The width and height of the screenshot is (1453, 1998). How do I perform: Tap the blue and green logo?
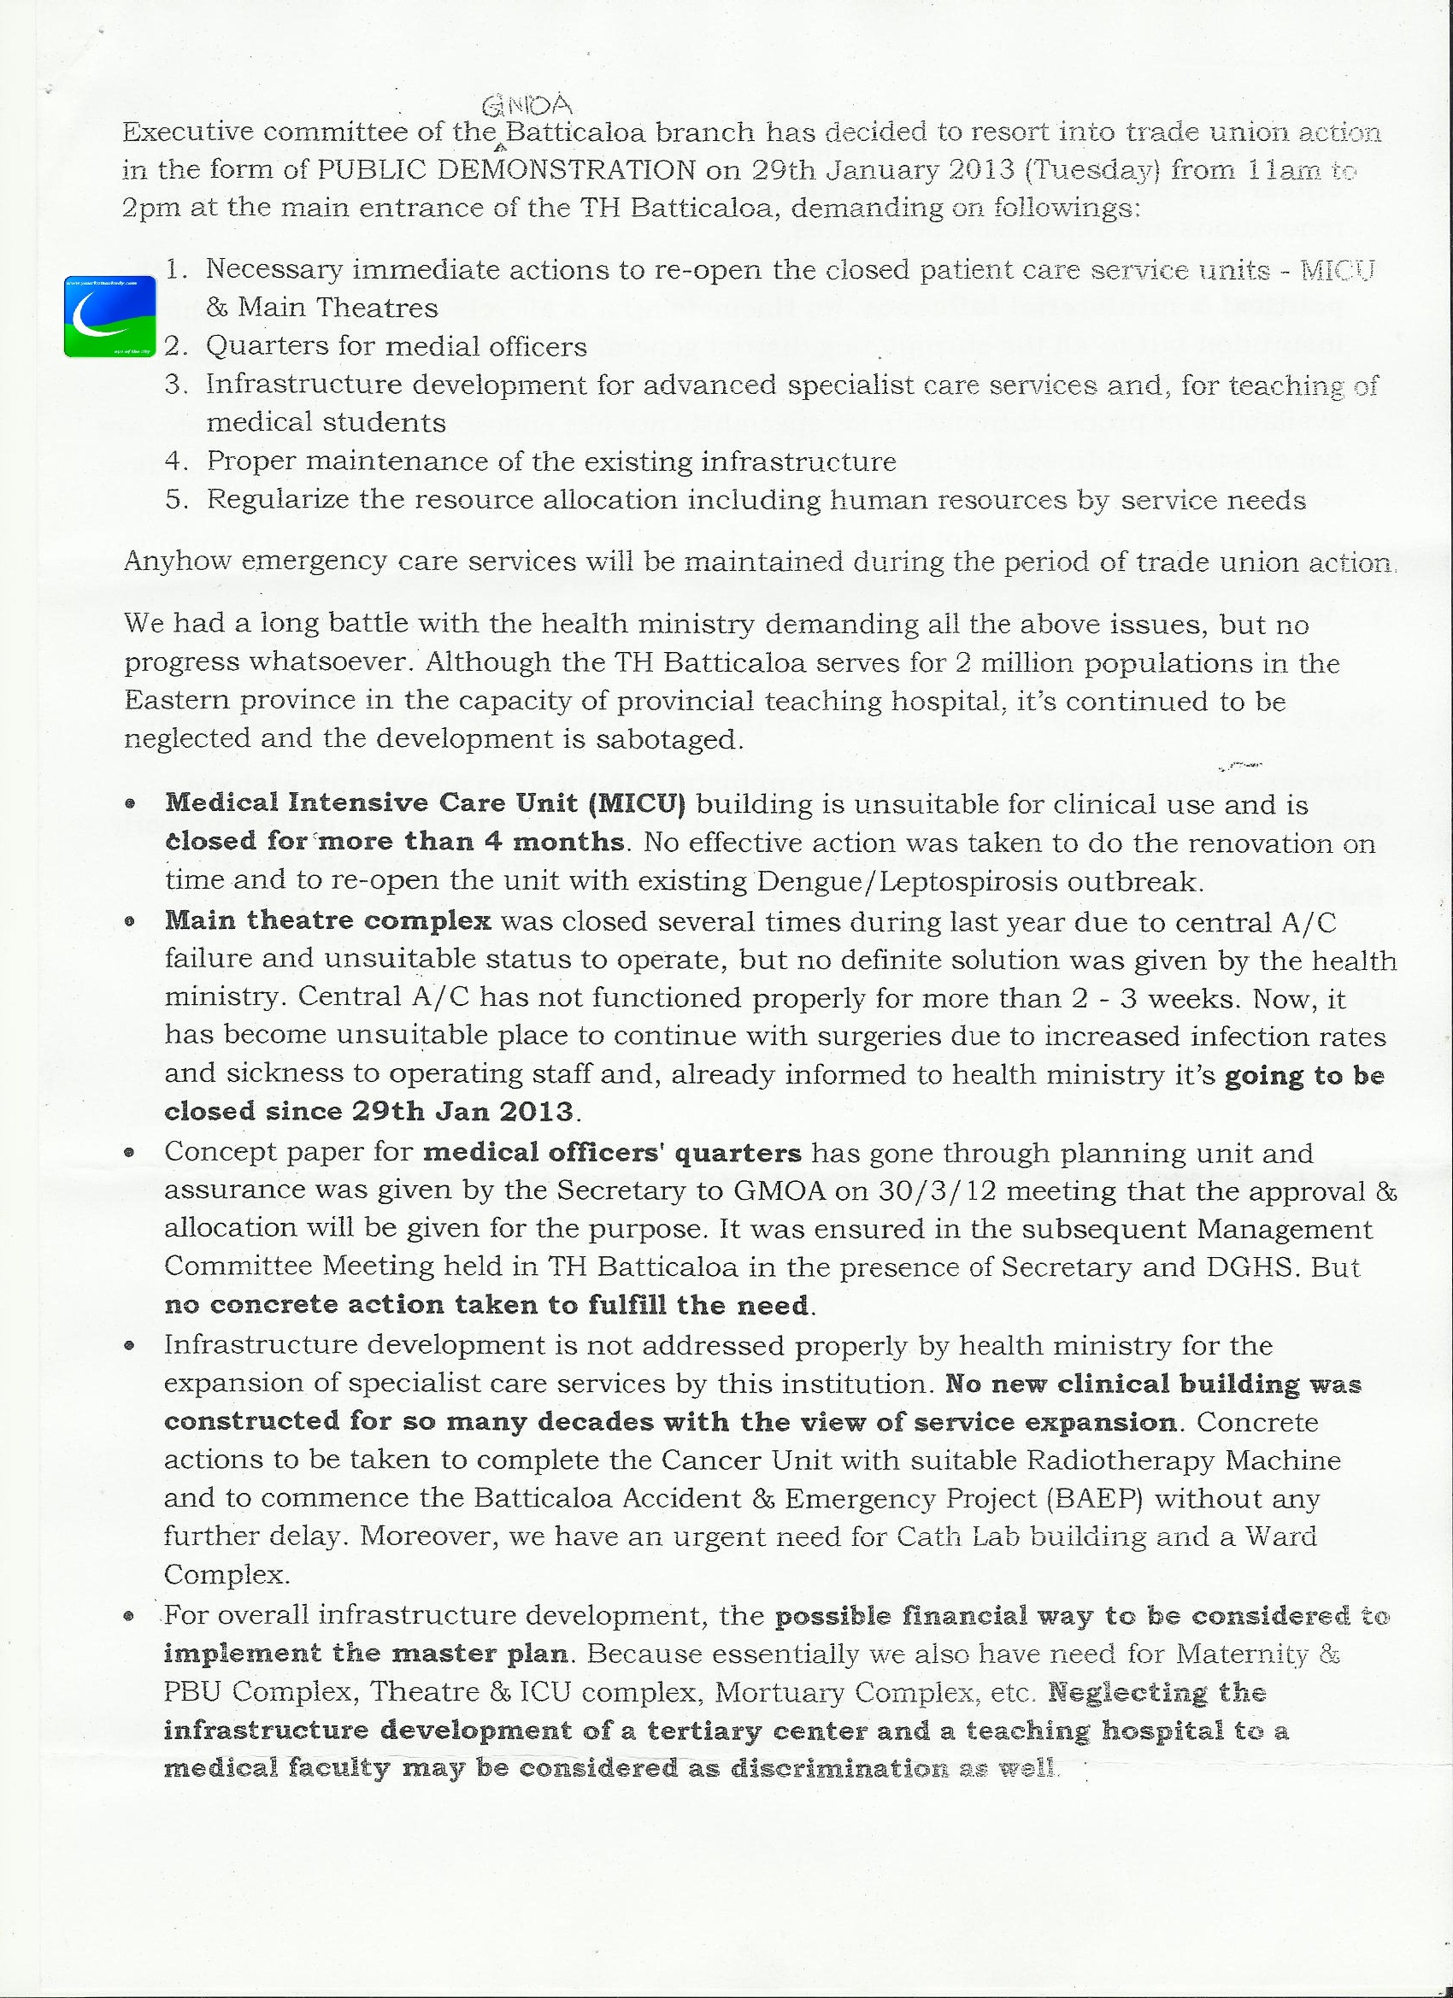[x=110, y=316]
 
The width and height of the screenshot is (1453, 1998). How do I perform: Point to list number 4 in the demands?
[x=176, y=461]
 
